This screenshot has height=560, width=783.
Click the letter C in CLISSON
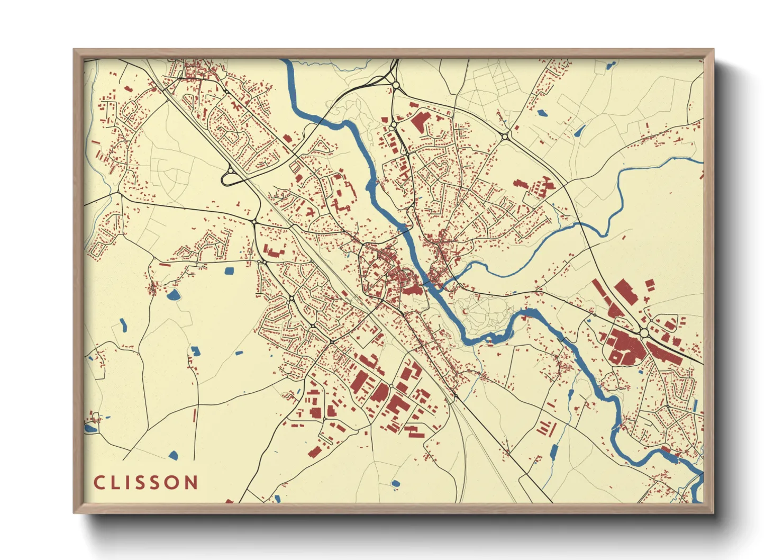click(98, 483)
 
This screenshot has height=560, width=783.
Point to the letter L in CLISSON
click(116, 483)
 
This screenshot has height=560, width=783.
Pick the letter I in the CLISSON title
click(130, 483)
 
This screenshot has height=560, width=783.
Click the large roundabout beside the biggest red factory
click(644, 333)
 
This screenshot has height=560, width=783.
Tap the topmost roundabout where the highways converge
click(395, 85)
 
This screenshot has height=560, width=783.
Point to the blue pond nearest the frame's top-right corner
click(612, 66)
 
